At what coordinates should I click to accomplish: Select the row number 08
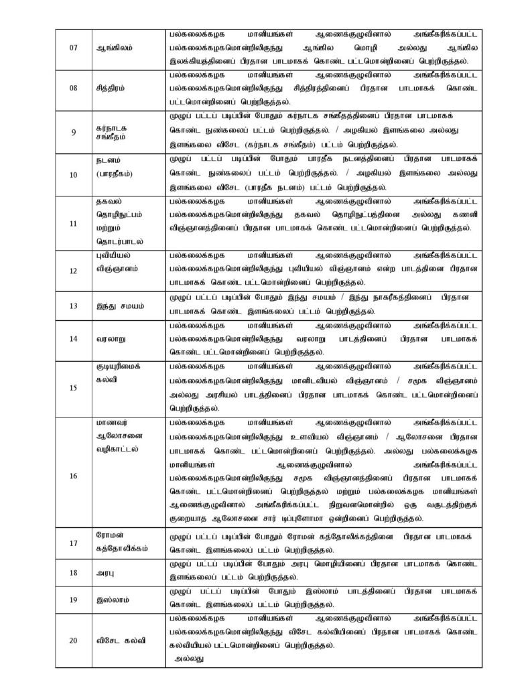click(73, 88)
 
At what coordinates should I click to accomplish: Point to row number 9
click(73, 131)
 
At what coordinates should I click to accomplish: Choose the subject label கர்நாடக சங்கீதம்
click(115, 131)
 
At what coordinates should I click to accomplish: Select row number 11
click(73, 222)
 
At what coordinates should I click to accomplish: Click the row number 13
click(73, 305)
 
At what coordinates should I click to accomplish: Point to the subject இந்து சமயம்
click(119, 305)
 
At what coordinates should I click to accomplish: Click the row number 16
click(73, 476)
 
